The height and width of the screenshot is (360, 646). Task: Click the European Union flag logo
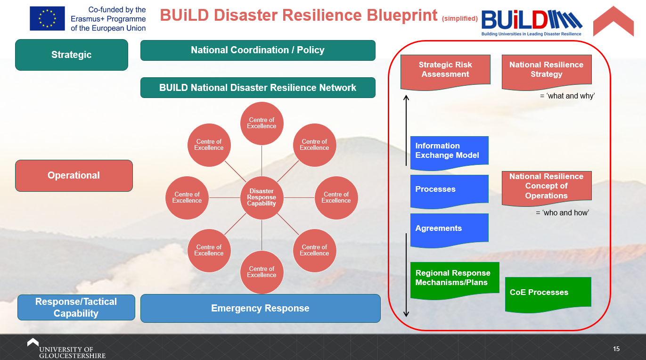tap(47, 19)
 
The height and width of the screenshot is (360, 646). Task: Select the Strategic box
tap(72, 55)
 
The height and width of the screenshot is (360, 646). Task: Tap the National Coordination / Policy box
tap(258, 50)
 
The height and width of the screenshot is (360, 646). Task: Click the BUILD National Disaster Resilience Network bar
tap(258, 88)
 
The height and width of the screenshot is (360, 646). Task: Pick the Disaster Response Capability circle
tap(262, 197)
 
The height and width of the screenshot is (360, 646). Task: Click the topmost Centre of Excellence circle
tap(262, 123)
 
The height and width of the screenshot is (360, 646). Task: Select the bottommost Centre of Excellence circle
tap(262, 272)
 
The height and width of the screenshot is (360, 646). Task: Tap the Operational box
tap(74, 175)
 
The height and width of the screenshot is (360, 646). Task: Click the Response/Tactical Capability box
tap(76, 307)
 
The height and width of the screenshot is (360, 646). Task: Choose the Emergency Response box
tap(260, 308)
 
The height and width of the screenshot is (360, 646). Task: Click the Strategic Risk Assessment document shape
tap(445, 71)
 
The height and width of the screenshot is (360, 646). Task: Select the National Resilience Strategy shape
tap(546, 71)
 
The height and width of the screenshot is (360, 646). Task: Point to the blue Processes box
tap(449, 190)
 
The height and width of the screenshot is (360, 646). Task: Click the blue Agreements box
tap(449, 229)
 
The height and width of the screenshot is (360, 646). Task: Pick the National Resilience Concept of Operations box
tap(546, 187)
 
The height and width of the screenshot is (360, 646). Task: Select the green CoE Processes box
tap(548, 293)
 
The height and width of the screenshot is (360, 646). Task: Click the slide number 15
tap(616, 349)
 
